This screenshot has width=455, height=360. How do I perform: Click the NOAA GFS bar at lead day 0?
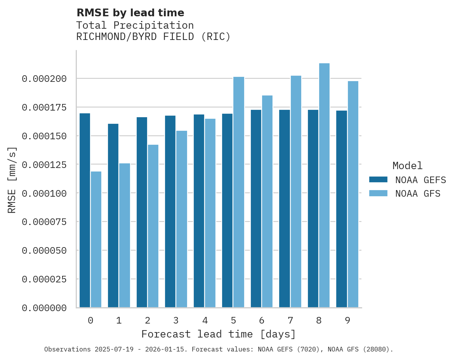tap(96, 239)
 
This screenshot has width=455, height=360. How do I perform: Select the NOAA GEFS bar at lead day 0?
tap(85, 210)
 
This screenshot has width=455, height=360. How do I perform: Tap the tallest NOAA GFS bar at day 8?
tap(324, 185)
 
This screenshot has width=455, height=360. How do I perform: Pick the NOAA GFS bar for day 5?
tap(239, 192)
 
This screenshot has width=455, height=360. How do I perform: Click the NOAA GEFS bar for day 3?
tap(170, 211)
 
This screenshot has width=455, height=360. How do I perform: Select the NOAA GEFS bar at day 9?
tap(342, 209)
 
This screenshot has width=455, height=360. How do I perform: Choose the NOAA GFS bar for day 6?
tap(267, 201)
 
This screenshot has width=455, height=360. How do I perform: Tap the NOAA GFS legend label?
tap(418, 194)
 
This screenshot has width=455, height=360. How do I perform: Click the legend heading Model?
tap(407, 166)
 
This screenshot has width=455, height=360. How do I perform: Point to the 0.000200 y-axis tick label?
tap(44, 79)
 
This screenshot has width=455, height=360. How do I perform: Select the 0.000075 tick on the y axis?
tap(44, 222)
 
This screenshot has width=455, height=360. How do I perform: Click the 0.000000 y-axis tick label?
tap(44, 308)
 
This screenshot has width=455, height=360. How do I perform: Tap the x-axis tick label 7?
tap(290, 321)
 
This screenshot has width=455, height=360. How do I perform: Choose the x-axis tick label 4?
tap(205, 321)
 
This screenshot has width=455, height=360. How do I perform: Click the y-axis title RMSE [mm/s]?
tap(12, 180)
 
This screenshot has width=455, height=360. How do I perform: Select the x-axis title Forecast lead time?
tap(219, 334)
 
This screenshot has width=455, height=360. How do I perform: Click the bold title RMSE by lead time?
tap(130, 13)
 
